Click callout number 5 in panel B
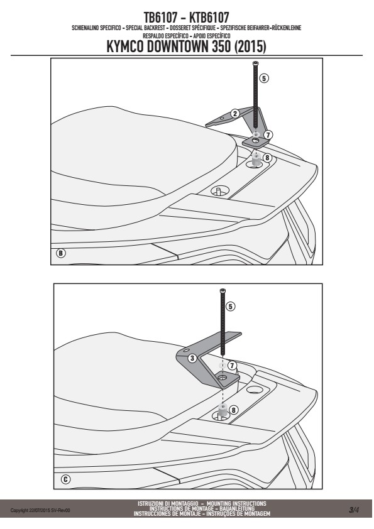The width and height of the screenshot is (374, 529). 264,79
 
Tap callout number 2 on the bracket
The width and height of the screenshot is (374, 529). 235,114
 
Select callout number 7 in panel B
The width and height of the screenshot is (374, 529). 268,135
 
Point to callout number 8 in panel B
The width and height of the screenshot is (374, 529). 267,158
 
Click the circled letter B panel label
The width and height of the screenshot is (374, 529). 61,253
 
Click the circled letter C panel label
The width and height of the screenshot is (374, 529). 66,479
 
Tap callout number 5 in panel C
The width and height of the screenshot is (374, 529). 231,307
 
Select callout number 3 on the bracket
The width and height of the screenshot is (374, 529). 192,358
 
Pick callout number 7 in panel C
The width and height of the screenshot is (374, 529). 232,366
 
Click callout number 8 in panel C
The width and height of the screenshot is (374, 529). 233,410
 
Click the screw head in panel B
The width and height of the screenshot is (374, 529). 256,63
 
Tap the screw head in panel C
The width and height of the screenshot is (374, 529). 223,290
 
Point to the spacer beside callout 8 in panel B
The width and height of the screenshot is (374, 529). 256,160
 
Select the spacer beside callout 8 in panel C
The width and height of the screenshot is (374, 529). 223,409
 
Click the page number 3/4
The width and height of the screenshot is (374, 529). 354,510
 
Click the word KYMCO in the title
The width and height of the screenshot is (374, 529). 125,47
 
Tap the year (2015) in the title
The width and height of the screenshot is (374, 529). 250,47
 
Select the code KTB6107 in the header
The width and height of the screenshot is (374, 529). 209,17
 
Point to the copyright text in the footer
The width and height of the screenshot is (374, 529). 40,510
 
